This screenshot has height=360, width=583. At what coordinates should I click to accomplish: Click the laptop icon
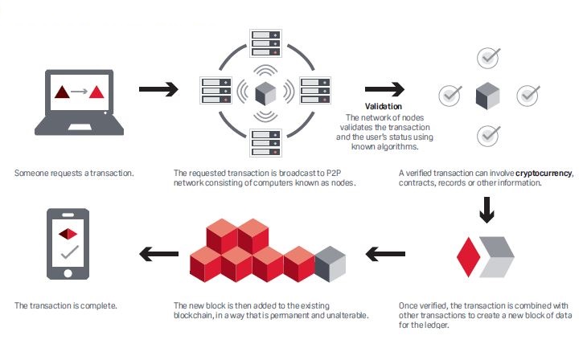(78, 103)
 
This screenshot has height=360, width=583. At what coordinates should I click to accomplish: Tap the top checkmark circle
(488, 58)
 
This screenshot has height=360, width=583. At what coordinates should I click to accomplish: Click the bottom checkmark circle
(488, 135)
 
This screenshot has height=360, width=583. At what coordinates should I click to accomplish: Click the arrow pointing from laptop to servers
(158, 89)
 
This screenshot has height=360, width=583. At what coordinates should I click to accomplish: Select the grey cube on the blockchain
(331, 264)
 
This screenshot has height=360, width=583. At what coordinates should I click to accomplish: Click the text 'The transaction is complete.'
(66, 306)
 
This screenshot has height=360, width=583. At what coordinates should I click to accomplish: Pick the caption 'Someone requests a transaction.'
(74, 173)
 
